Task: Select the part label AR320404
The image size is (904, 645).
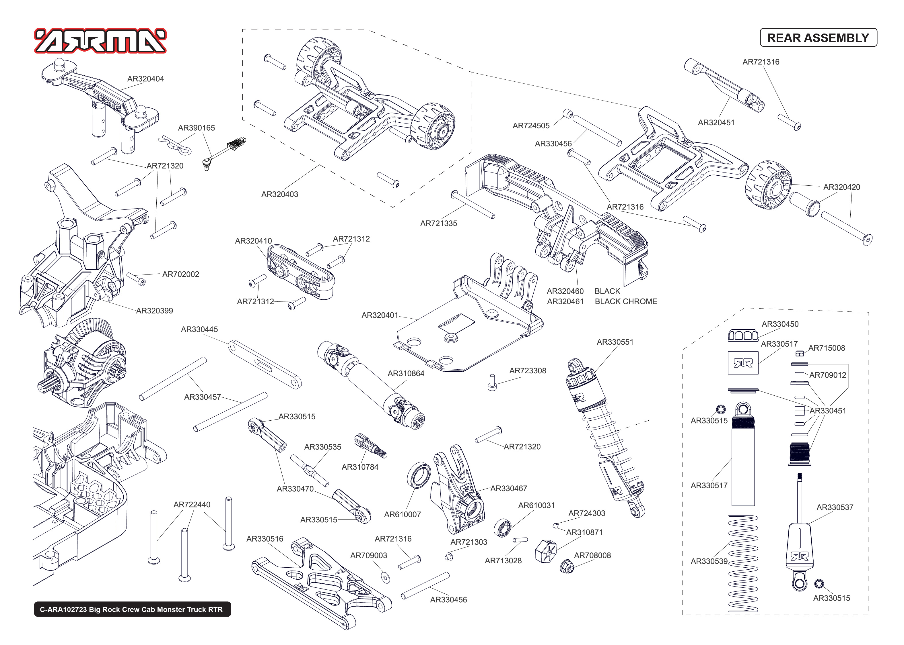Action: click(x=145, y=79)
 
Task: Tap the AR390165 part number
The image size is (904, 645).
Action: click(x=197, y=128)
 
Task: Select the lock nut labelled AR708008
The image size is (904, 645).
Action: click(x=567, y=566)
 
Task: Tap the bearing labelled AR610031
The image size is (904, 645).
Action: click(x=502, y=528)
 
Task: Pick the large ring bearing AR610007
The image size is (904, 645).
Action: click(x=419, y=475)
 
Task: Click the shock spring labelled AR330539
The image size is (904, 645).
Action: click(x=742, y=564)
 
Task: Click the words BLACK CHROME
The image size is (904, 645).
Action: click(x=626, y=301)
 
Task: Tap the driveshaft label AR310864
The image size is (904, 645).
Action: click(x=406, y=373)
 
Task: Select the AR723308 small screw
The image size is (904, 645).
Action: click(x=492, y=383)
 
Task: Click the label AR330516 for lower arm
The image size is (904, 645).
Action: click(x=265, y=539)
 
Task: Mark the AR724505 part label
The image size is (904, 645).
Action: click(x=531, y=126)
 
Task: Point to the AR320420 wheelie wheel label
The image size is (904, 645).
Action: click(x=841, y=187)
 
